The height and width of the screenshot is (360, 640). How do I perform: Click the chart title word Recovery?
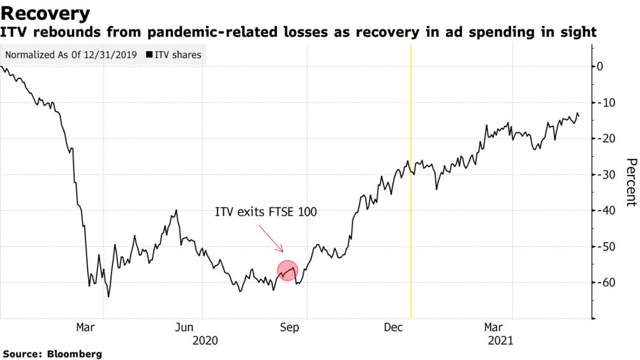point(46,13)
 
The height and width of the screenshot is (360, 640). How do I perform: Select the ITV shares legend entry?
point(174,55)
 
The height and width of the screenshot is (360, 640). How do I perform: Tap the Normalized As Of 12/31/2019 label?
point(72,55)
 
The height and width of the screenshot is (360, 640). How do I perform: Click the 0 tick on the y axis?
point(600,66)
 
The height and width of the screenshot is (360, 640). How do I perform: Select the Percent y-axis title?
point(630,182)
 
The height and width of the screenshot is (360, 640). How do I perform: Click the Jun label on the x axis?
point(184,327)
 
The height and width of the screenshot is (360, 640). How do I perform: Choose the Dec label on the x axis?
point(393,327)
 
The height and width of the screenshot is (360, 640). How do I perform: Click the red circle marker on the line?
point(288,271)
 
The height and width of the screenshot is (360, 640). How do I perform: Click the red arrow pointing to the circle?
point(271,238)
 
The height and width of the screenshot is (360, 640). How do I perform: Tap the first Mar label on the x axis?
point(86,327)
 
